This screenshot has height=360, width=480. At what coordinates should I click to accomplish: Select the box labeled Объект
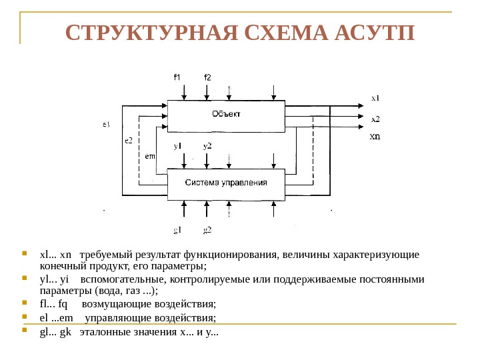click(x=227, y=115)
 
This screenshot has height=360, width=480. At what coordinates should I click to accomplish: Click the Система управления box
click(x=226, y=184)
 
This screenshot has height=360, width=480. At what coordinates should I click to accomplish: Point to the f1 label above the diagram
click(x=177, y=77)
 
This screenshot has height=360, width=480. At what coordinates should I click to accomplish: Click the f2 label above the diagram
click(x=207, y=77)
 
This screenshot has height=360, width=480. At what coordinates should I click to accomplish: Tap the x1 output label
click(x=375, y=98)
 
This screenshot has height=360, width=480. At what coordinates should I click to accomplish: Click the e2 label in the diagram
click(x=128, y=141)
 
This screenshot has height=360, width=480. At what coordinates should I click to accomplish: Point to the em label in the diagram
click(x=150, y=156)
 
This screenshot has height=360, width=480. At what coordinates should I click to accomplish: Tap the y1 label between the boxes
click(x=178, y=146)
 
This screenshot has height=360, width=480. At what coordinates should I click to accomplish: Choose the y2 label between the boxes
click(x=207, y=146)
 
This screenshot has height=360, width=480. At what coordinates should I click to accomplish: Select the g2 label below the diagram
click(x=207, y=231)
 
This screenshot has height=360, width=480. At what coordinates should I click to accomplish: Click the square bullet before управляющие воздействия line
click(x=25, y=317)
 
